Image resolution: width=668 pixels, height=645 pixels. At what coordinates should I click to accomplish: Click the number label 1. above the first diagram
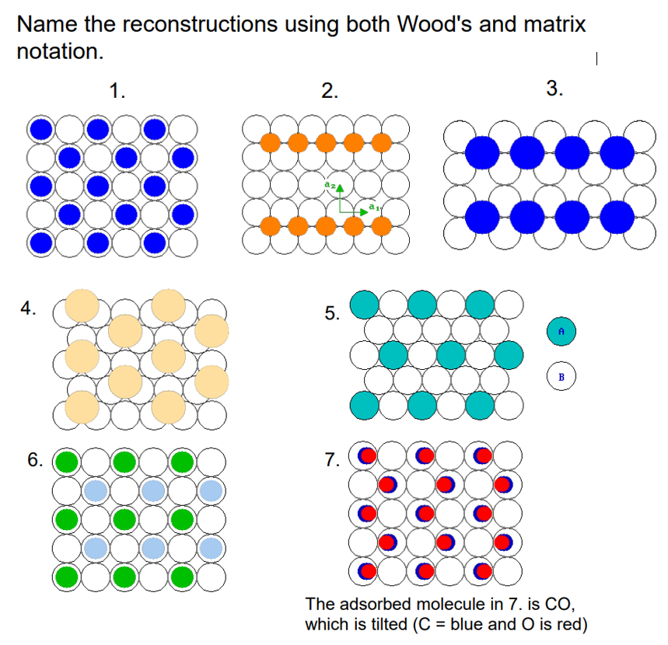[117, 91]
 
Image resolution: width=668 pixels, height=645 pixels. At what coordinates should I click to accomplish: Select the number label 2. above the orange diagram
[331, 91]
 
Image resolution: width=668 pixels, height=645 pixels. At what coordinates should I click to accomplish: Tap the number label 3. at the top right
[554, 88]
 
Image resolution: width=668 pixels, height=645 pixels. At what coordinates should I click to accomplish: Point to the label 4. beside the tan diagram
[29, 309]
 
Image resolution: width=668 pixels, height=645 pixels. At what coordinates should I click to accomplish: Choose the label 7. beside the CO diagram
[332, 460]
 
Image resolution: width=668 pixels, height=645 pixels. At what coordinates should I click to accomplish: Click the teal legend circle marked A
[561, 331]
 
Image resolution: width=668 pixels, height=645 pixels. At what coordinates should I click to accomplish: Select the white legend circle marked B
[561, 378]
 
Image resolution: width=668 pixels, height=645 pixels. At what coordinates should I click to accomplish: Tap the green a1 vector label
[374, 207]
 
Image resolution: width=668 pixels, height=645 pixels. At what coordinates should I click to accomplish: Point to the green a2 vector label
[330, 186]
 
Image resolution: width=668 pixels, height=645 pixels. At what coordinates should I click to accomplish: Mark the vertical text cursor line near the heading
[594, 58]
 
